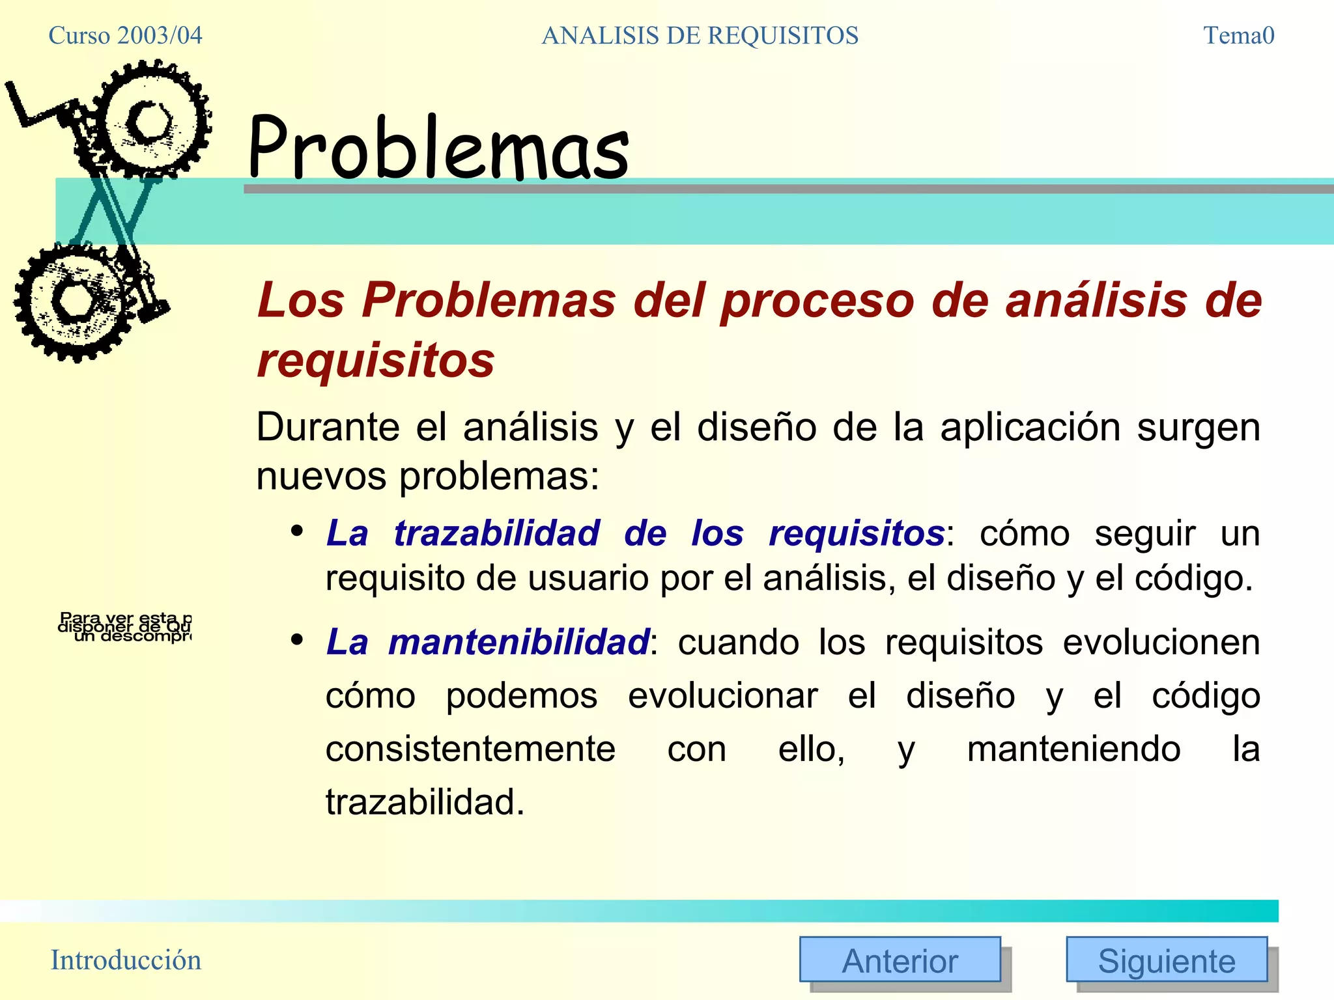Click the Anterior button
[900, 960]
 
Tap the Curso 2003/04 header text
[125, 35]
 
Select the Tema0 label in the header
[1238, 35]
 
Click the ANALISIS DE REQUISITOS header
[700, 35]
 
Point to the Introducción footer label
[126, 960]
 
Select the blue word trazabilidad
[496, 533]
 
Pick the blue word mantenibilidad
[518, 642]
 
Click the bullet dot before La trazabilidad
[297, 531]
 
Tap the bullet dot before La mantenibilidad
[297, 640]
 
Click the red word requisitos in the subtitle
[376, 360]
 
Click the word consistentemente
[470, 749]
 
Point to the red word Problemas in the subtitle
[488, 300]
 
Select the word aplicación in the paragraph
[1030, 427]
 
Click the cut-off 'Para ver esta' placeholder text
[125, 626]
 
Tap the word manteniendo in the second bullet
[1073, 749]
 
